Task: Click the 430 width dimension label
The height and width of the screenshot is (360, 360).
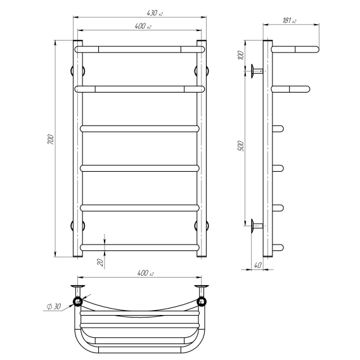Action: pyautogui.click(x=155, y=13)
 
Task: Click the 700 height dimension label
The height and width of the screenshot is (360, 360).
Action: pyautogui.click(x=51, y=139)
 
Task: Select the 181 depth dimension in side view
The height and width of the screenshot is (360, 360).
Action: pyautogui.click(x=289, y=20)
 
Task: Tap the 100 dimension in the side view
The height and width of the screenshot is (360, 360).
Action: pyautogui.click(x=241, y=55)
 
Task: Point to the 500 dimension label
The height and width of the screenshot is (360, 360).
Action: pyautogui.click(x=241, y=146)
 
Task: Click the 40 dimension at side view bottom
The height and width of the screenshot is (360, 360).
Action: pyautogui.click(x=257, y=265)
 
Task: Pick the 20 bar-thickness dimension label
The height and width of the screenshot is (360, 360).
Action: pyautogui.click(x=100, y=262)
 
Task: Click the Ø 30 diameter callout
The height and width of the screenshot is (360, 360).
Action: pyautogui.click(x=54, y=306)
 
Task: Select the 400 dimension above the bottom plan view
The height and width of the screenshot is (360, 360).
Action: pyautogui.click(x=145, y=273)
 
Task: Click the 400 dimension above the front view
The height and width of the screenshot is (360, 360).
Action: pyautogui.click(x=143, y=26)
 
